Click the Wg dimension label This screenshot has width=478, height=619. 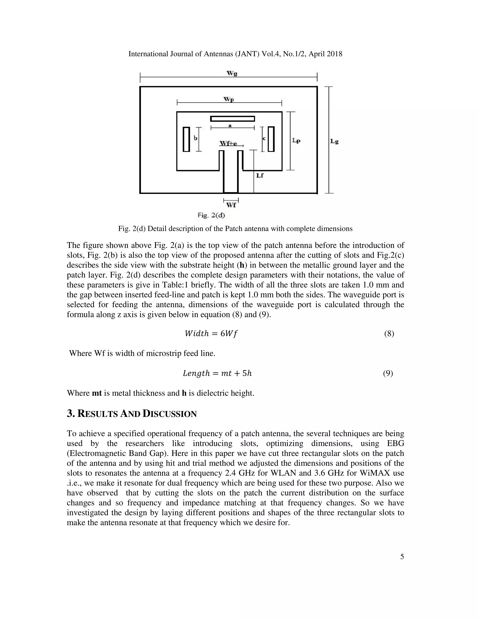coord(232,74)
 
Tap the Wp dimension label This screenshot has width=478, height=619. coord(229,99)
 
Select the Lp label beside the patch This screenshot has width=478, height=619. coord(296,141)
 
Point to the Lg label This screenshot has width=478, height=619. coord(334,141)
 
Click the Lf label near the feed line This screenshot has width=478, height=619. coord(260,175)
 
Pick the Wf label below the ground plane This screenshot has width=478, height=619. coord(231,205)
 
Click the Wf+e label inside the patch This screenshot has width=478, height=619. coord(228,144)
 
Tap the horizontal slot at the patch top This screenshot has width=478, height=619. coord(232,119)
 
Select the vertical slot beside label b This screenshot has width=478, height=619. coord(186,139)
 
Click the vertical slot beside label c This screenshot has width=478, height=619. coord(271,139)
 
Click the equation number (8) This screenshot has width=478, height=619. coord(389,334)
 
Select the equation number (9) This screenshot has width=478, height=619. coord(388,373)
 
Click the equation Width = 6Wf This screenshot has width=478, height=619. coord(211,334)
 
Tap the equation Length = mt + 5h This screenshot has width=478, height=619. coord(217,373)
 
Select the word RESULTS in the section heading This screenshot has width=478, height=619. coord(97,414)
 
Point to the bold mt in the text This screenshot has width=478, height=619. coord(97,393)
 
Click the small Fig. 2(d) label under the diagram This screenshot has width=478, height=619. coord(211,215)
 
